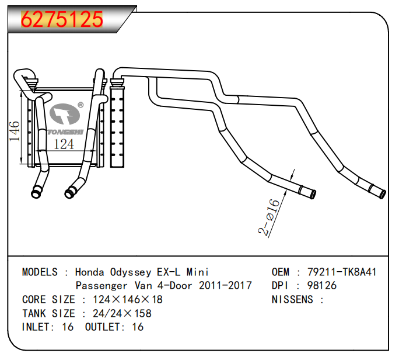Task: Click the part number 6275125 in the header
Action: tap(62, 19)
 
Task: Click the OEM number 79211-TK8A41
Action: tap(342, 272)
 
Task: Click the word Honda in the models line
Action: tap(90, 272)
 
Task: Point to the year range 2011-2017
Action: tap(226, 286)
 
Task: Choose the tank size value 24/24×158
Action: tap(122, 314)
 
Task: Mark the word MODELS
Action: tap(40, 272)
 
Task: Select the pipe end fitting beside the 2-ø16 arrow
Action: tap(307, 192)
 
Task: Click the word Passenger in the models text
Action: tap(101, 286)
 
